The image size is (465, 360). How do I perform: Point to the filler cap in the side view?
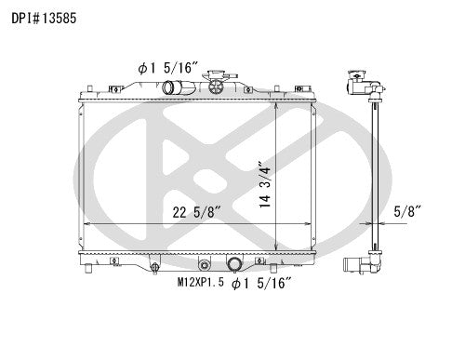click(x=358, y=83)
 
